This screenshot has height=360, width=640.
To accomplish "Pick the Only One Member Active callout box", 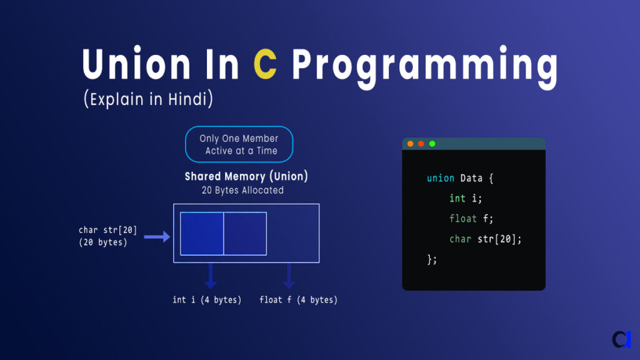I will (x=239, y=144).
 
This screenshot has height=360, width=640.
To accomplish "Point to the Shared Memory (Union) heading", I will (x=246, y=176).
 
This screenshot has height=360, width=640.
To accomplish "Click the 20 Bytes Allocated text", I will (x=242, y=190).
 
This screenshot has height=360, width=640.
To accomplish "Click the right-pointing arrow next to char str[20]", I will (x=157, y=237).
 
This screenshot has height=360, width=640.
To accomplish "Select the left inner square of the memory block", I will (x=202, y=234).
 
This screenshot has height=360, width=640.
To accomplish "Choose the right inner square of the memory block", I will (x=245, y=234).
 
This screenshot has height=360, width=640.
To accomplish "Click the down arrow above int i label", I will (x=211, y=276).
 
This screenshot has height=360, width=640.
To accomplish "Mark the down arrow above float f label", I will (x=289, y=276).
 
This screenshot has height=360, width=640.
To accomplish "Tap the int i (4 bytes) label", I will (x=207, y=300).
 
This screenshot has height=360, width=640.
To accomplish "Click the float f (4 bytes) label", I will (x=298, y=300).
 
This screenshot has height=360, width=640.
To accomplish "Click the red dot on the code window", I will (x=411, y=144).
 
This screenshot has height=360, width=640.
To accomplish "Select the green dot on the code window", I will (x=432, y=144).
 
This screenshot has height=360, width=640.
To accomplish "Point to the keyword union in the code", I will (x=440, y=178).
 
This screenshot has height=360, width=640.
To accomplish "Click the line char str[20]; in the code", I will (x=485, y=239).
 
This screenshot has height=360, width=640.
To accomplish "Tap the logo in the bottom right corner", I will (x=621, y=338).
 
